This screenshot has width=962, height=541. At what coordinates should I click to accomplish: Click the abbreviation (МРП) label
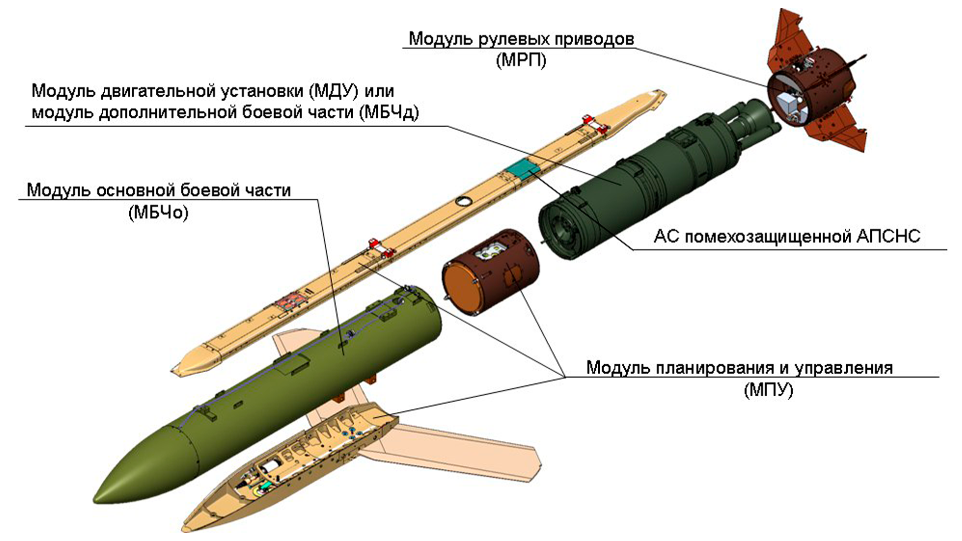coord(521,61)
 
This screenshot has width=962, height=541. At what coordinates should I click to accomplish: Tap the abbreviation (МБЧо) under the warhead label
coord(158,213)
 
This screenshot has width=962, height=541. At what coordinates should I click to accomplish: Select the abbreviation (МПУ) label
coord(768,390)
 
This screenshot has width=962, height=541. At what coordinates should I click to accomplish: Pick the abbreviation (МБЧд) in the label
coord(389,112)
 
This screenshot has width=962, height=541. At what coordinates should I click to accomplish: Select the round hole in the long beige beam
coord(463,201)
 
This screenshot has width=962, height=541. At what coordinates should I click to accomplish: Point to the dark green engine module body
coord(626,185)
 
